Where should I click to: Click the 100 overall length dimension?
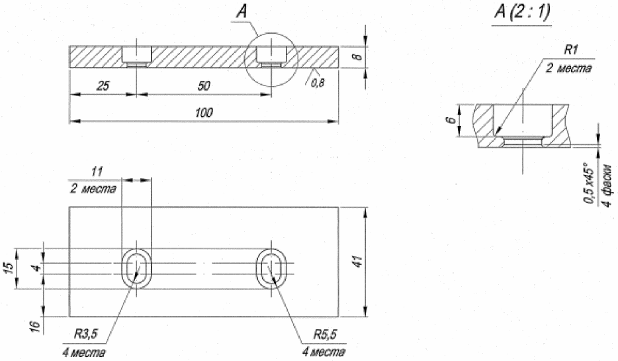point(204,113)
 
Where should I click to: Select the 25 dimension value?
point(103,85)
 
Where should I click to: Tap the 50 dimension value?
point(204,85)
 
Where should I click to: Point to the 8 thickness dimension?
point(357,56)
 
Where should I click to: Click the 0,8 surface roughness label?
point(318,83)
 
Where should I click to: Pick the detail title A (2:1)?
point(523,12)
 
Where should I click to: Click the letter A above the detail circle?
point(242,12)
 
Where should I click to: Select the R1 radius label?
point(571,50)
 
